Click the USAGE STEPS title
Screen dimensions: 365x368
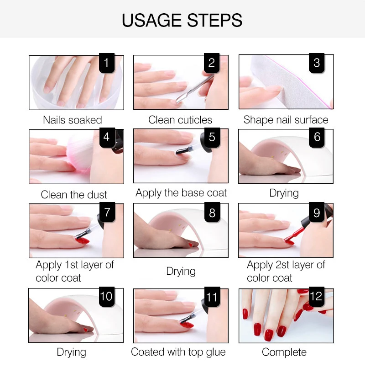[182, 20]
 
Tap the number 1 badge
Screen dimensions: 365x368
[107, 63]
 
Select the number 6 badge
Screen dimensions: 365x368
[317, 137]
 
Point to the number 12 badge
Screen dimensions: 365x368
[317, 296]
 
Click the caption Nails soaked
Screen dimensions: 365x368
[73, 120]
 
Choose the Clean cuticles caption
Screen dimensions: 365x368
[180, 120]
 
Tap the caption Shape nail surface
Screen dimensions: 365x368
[286, 120]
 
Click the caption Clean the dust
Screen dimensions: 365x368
[74, 195]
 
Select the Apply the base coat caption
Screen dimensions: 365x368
[181, 193]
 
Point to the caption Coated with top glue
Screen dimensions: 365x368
[178, 352]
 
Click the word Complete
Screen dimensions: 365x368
[284, 352]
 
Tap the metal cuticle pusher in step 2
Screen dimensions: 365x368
[195, 89]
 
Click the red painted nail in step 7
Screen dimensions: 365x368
[82, 240]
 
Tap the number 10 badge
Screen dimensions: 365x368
[107, 296]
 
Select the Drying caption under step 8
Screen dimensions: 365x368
[181, 271]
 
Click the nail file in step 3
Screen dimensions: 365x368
[291, 82]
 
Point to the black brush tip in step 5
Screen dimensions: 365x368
[182, 151]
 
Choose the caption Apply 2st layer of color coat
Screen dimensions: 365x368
[286, 271]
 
